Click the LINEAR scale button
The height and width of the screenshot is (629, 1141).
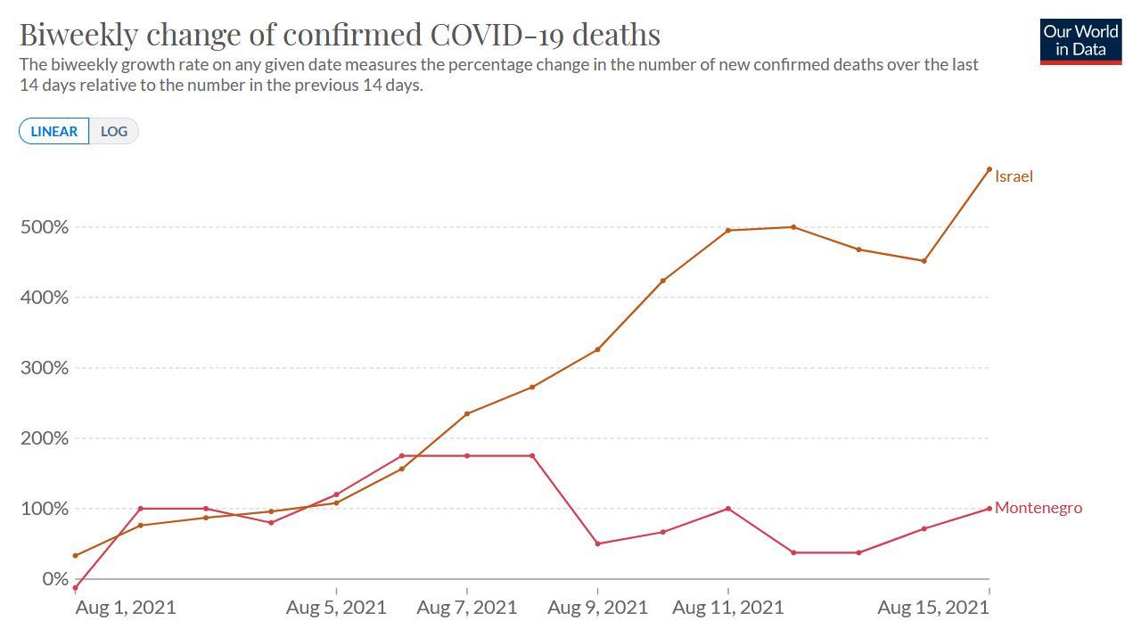(53, 131)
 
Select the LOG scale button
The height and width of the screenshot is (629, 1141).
(114, 131)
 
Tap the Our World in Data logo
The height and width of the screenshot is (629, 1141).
(1080, 40)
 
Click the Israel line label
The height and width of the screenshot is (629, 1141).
(1014, 176)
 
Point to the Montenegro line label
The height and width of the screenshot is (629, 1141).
(1038, 508)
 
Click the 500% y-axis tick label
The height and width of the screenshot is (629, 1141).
(44, 227)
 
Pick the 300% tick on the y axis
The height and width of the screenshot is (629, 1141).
(44, 368)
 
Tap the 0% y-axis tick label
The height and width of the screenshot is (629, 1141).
(55, 579)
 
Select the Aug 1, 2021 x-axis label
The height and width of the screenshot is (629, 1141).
(126, 608)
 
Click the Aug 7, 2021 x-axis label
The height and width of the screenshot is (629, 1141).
(466, 608)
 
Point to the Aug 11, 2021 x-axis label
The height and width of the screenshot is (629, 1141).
(727, 608)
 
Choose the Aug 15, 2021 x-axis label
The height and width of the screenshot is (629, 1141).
(933, 608)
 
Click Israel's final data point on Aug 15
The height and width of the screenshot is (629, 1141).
(989, 169)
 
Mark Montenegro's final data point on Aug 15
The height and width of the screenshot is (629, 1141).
(989, 509)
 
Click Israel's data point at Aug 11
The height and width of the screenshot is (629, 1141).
(728, 231)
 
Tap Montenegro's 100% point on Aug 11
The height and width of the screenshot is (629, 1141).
(728, 509)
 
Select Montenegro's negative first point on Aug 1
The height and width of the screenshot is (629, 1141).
(75, 588)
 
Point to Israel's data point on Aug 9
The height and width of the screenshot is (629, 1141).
(597, 349)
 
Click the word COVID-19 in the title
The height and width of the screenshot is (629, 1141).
(498, 34)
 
